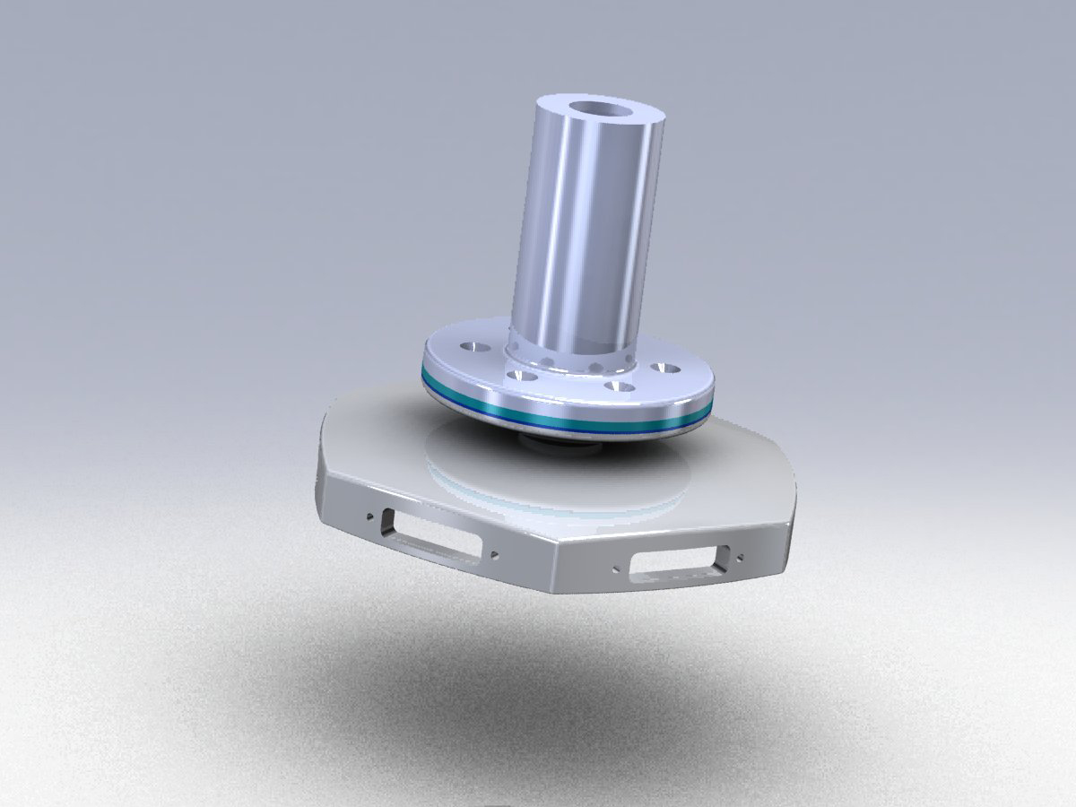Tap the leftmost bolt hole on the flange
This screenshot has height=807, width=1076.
(x=469, y=345)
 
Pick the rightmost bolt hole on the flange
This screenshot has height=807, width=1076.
(x=665, y=368)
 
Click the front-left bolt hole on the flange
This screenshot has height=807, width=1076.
(x=517, y=376)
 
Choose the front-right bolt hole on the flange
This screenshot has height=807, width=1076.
(x=616, y=387)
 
